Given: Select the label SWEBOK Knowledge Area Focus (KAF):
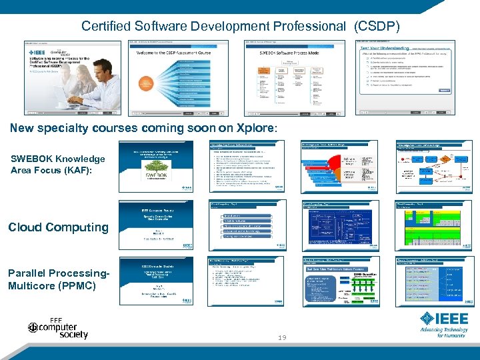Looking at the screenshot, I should tap(57, 164).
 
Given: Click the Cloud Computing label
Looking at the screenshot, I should tap(58, 227).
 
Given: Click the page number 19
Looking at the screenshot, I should tap(283, 338).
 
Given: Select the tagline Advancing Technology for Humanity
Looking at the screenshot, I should tap(443, 332).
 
